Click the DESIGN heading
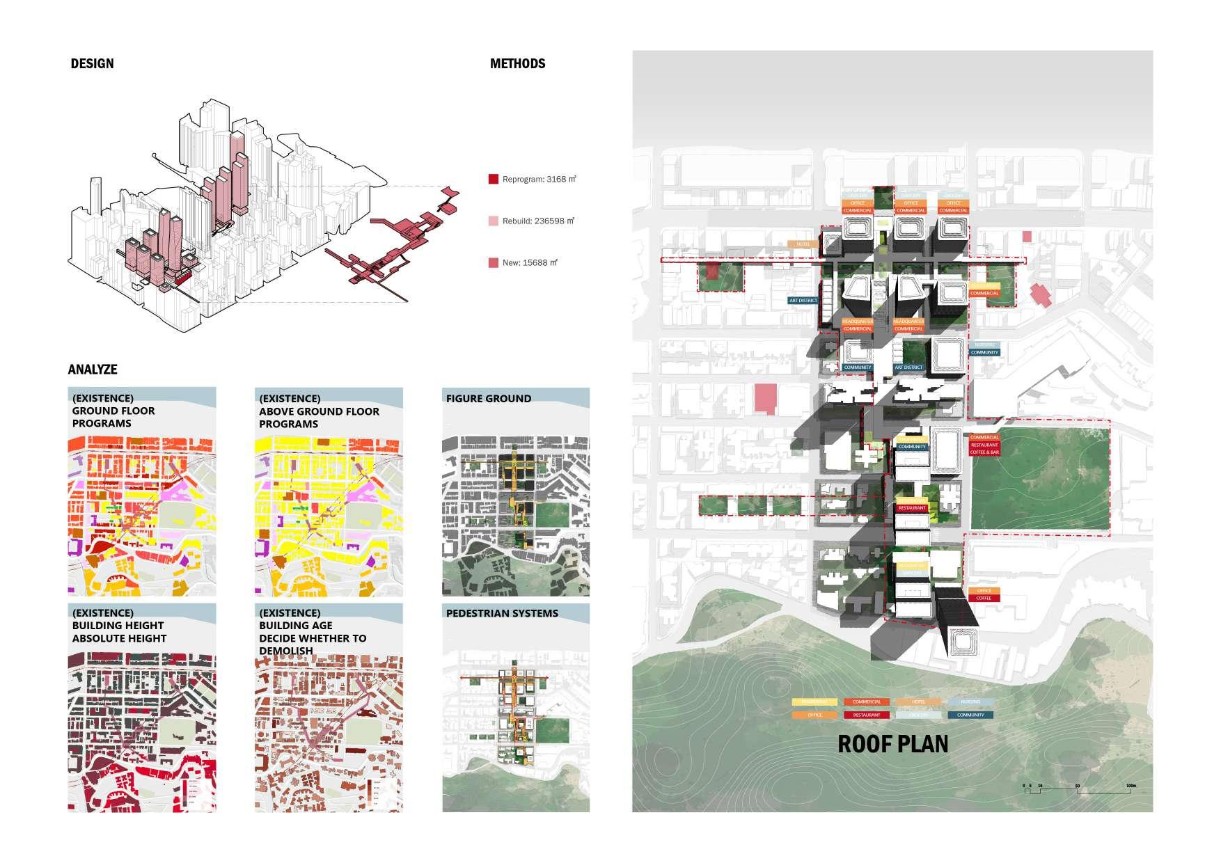pos(92,63)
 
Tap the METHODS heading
pos(517,63)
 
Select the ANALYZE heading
pos(93,370)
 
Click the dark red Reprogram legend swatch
pos(493,180)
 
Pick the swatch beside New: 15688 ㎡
pos(493,263)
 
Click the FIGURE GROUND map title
pos(488,399)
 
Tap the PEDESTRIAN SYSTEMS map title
pos(501,613)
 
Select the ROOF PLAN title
pos(892,743)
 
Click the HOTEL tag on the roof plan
pos(803,244)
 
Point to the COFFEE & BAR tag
pos(984,452)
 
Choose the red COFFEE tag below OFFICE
pos(984,598)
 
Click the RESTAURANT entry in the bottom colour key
pos(867,715)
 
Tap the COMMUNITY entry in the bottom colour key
pos(970,715)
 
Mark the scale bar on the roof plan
pos(1078,787)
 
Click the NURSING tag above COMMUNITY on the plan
pos(984,345)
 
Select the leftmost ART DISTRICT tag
pos(803,301)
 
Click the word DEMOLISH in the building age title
pos(285,651)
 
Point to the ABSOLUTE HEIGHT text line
pos(119,638)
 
